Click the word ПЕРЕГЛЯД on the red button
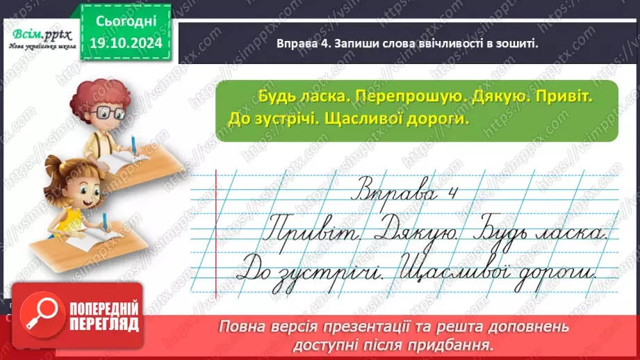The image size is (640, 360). (x=103, y=324)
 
